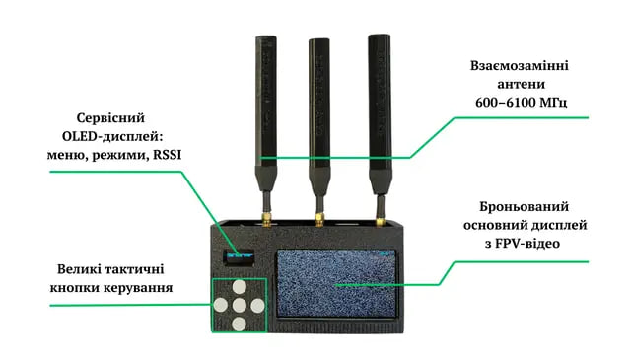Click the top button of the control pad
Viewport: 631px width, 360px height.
tap(240, 287)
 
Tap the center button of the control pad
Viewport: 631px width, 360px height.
tap(240, 305)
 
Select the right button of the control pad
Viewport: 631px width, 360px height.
tap(257, 306)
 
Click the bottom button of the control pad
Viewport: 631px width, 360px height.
tap(240, 324)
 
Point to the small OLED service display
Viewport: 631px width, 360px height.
tap(239, 256)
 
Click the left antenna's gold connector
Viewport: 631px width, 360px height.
tap(266, 221)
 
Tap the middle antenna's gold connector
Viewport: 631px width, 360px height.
tap(319, 220)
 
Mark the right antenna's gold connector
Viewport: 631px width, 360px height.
tap(380, 221)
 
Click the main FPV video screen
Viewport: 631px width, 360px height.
tap(336, 283)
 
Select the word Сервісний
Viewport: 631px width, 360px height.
tap(110, 118)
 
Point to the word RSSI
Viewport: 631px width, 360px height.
tap(167, 155)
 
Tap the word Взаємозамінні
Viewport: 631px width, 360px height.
tap(520, 66)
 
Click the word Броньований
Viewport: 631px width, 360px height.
tap(524, 206)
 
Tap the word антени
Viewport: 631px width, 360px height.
tap(522, 84)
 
